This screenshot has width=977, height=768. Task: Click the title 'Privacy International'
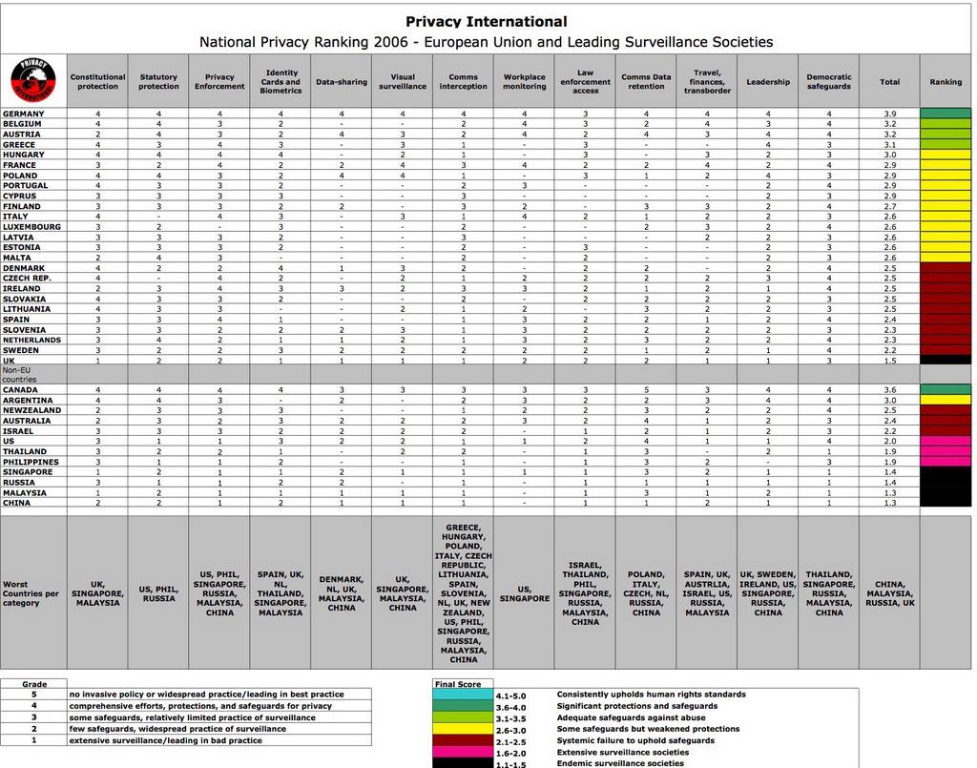486,22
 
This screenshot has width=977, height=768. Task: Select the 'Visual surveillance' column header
403,82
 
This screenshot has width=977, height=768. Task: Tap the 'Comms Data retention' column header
646,82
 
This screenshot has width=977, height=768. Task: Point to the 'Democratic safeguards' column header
829,82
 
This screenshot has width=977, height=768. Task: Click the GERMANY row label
24,114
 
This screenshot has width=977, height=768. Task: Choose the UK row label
9,360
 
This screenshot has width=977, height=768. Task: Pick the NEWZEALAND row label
31,410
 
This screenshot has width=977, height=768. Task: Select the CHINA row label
16,503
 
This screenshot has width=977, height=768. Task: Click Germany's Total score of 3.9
889,114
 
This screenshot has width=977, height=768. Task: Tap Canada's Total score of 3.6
889,389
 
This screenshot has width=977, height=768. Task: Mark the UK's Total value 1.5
889,360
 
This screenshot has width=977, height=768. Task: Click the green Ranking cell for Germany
946,114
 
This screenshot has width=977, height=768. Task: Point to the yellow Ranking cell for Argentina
946,400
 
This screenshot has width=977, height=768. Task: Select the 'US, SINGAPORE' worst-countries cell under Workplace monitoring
524,593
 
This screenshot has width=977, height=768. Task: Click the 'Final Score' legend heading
458,683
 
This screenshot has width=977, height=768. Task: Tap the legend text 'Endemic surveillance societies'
621,762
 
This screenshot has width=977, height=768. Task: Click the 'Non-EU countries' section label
20,374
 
